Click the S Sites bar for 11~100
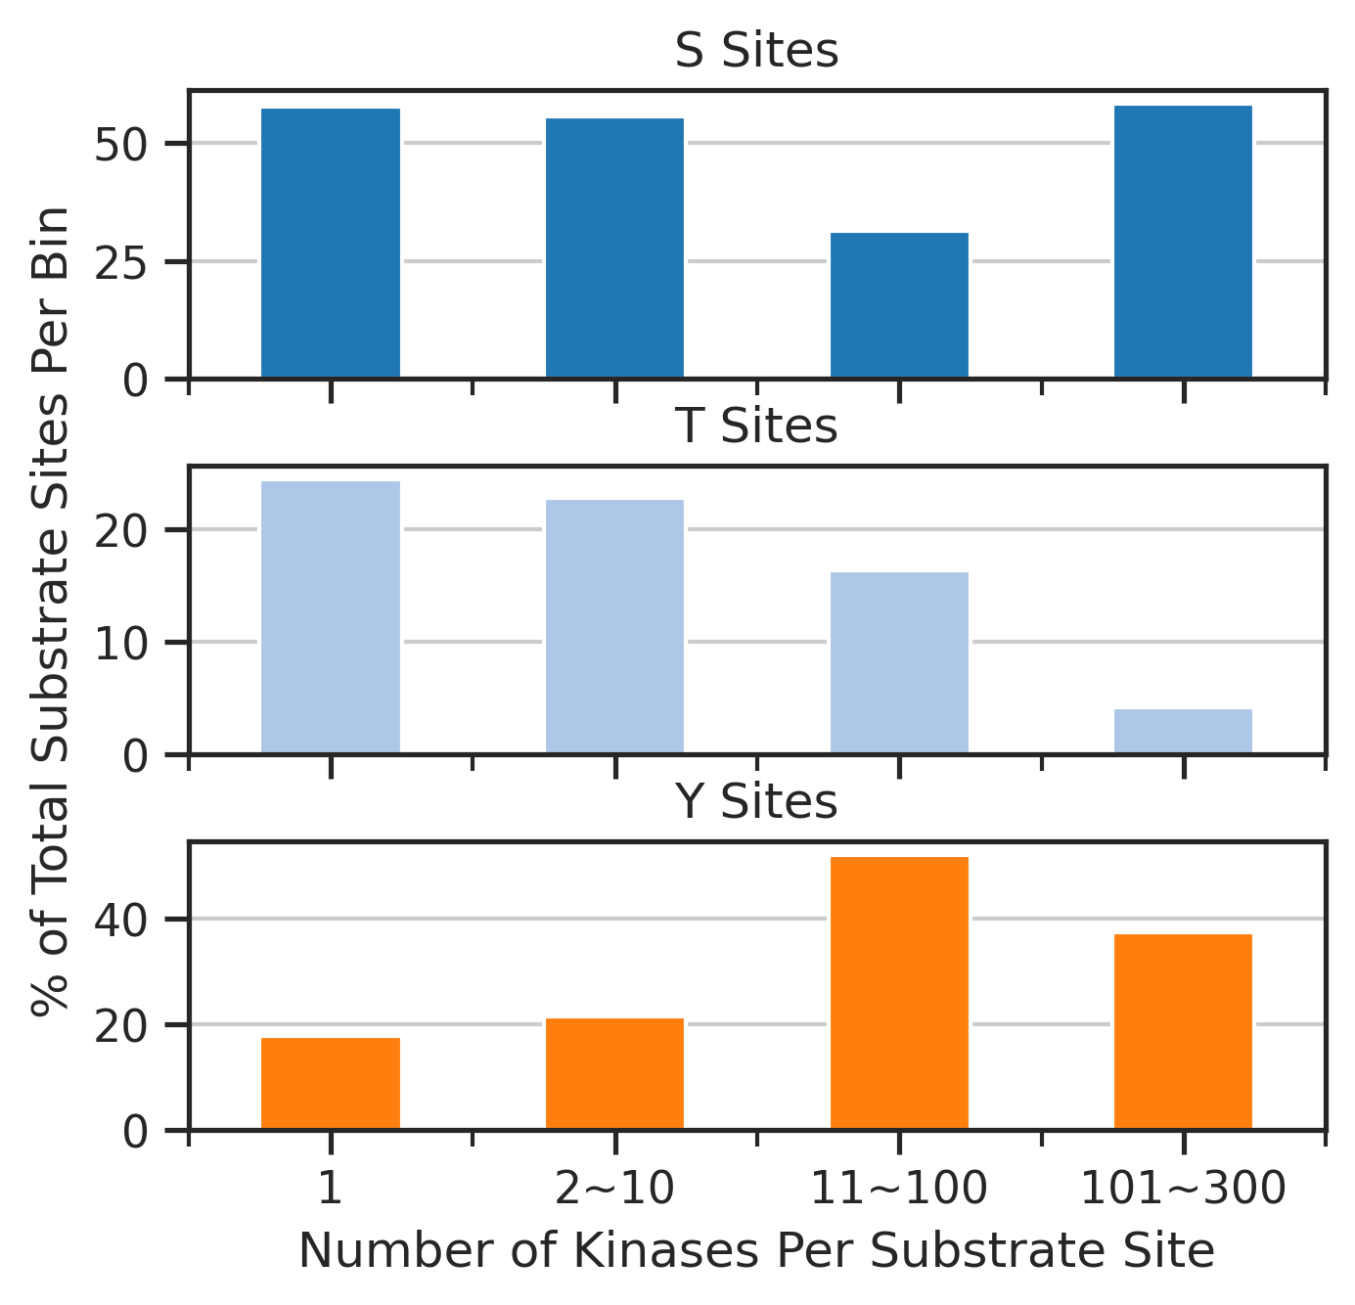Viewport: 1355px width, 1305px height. [899, 305]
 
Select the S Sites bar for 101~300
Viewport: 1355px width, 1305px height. [1183, 242]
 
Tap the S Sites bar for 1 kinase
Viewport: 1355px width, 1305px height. [331, 243]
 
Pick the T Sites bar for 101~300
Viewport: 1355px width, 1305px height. [1183, 731]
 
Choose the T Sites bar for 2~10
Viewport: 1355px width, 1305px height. [614, 627]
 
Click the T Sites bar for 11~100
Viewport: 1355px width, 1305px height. [899, 663]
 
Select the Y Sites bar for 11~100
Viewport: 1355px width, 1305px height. [899, 992]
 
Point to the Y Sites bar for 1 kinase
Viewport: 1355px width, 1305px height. [331, 1083]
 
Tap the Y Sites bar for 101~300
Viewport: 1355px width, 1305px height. [1183, 1031]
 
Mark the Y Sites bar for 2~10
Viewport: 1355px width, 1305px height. [614, 1073]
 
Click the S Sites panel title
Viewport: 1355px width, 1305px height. [757, 51]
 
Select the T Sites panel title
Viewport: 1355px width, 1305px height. [757, 426]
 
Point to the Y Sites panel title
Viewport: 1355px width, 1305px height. [757, 801]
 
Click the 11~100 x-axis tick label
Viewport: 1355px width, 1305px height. [899, 1188]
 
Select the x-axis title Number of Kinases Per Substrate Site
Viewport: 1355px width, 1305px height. [757, 1251]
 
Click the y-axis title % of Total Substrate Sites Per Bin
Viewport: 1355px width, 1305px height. [50, 611]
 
